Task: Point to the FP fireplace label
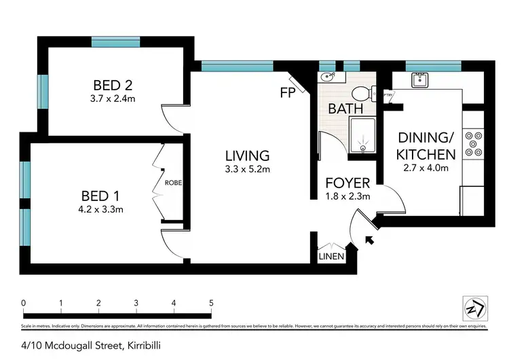coord(287,92)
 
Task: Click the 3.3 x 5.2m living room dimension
coord(248,170)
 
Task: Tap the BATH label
coord(345,108)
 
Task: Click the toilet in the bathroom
coord(361,94)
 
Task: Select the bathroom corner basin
coord(326,77)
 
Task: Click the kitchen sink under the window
coord(419,79)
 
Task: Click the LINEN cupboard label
coord(332,257)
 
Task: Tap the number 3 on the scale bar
coord(136,303)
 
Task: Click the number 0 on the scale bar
coord(23,303)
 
